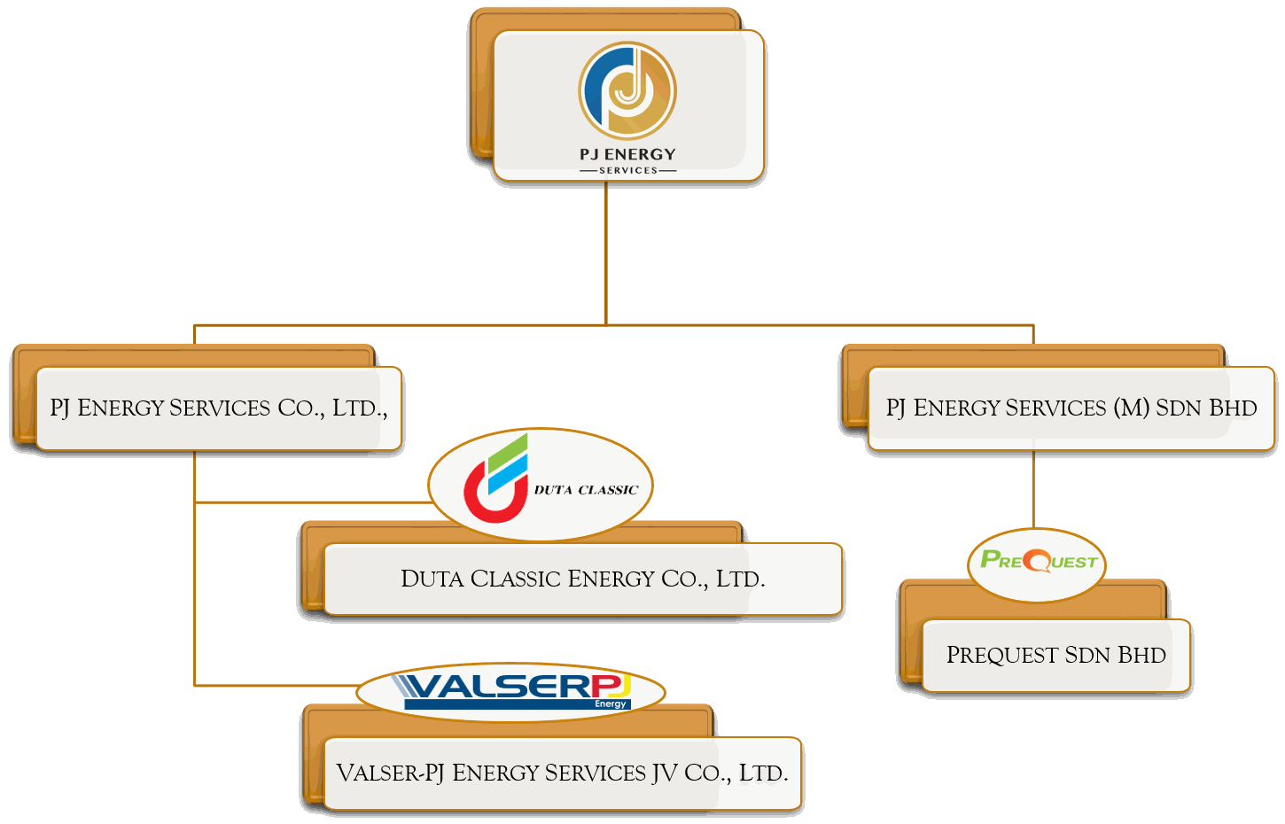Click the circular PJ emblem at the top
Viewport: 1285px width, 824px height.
tap(627, 90)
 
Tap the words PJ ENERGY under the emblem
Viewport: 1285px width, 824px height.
tap(627, 154)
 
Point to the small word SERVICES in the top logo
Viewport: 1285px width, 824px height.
tap(628, 170)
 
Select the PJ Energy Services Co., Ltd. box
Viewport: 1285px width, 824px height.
tap(218, 408)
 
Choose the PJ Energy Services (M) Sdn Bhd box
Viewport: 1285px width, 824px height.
tap(1071, 408)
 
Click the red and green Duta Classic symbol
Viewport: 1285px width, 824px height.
tap(496, 478)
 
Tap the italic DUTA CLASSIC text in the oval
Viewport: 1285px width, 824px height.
tap(586, 490)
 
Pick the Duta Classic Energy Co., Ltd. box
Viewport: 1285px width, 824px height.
tap(582, 579)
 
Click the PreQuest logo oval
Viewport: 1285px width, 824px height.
tap(1038, 562)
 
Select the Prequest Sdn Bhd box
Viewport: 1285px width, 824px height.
tap(1055, 656)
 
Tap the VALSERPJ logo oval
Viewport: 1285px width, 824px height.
tap(510, 691)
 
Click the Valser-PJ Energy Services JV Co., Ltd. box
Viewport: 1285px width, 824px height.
tap(562, 773)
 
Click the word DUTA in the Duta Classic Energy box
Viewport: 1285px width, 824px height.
tap(432, 579)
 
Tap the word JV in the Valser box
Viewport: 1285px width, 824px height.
tap(665, 773)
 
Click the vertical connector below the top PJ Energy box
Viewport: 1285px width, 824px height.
tap(606, 253)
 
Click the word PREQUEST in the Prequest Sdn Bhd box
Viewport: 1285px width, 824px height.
tap(1001, 656)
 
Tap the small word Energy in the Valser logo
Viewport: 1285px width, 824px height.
tap(611, 704)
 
